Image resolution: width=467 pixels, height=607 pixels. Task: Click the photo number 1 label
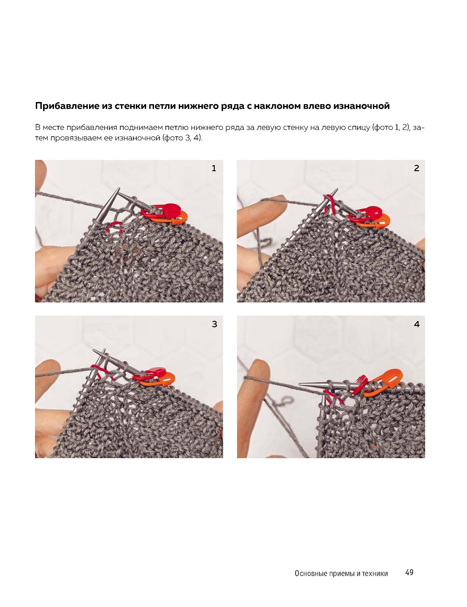pyautogui.click(x=213, y=168)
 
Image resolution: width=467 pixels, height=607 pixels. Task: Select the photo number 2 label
pyautogui.click(x=416, y=168)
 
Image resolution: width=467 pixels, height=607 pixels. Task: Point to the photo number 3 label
pyautogui.click(x=214, y=324)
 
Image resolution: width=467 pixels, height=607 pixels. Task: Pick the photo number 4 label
pyautogui.click(x=417, y=324)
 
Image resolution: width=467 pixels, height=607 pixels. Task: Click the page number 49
pyautogui.click(x=409, y=572)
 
